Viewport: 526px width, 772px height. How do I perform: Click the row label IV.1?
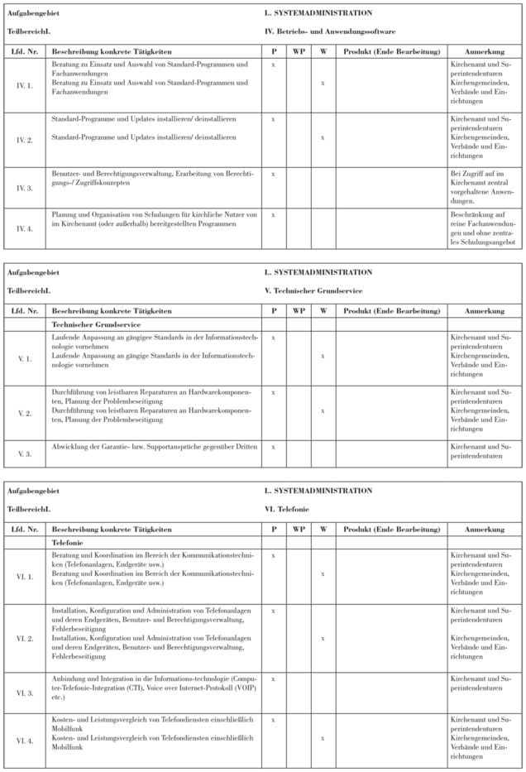(25, 84)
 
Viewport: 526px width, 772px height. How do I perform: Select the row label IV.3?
(25, 187)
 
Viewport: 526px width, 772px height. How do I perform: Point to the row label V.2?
(25, 411)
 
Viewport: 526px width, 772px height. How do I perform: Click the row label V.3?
(25, 452)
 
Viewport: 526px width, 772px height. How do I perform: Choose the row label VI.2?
(25, 638)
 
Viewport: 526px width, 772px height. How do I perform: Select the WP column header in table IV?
(299, 51)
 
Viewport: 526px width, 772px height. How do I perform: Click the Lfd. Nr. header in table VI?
(25, 528)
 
